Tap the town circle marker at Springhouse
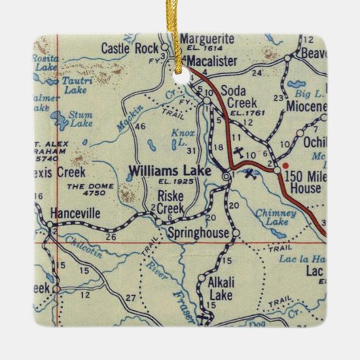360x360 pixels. [x=236, y=234]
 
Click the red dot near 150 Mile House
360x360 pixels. [x=286, y=164]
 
